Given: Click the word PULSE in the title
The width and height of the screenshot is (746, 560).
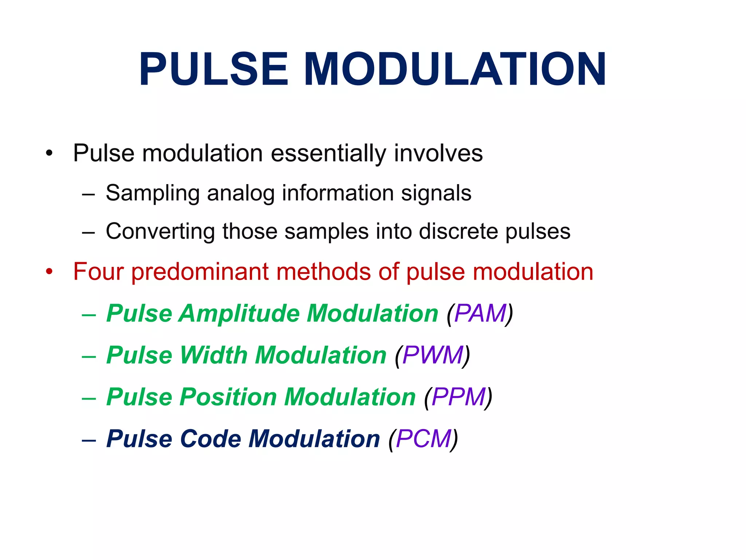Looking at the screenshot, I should click(x=214, y=69).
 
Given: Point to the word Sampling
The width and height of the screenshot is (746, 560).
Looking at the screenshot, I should click(x=153, y=193).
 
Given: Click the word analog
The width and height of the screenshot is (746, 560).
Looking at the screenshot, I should click(x=241, y=193).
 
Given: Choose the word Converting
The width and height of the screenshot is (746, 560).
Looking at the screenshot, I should click(x=160, y=232).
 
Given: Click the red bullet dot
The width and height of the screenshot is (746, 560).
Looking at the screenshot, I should click(x=49, y=272).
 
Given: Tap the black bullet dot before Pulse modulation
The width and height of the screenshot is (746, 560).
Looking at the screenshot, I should click(x=49, y=153).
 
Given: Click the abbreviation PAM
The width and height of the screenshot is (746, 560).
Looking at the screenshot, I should click(x=480, y=314).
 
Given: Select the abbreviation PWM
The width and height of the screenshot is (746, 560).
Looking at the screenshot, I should click(x=433, y=355).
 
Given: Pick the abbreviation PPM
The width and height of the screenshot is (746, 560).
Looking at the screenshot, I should click(x=458, y=397).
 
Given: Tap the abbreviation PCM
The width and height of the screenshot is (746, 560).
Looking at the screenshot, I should click(x=424, y=439).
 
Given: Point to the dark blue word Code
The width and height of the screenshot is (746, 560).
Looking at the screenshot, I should click(x=210, y=439).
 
